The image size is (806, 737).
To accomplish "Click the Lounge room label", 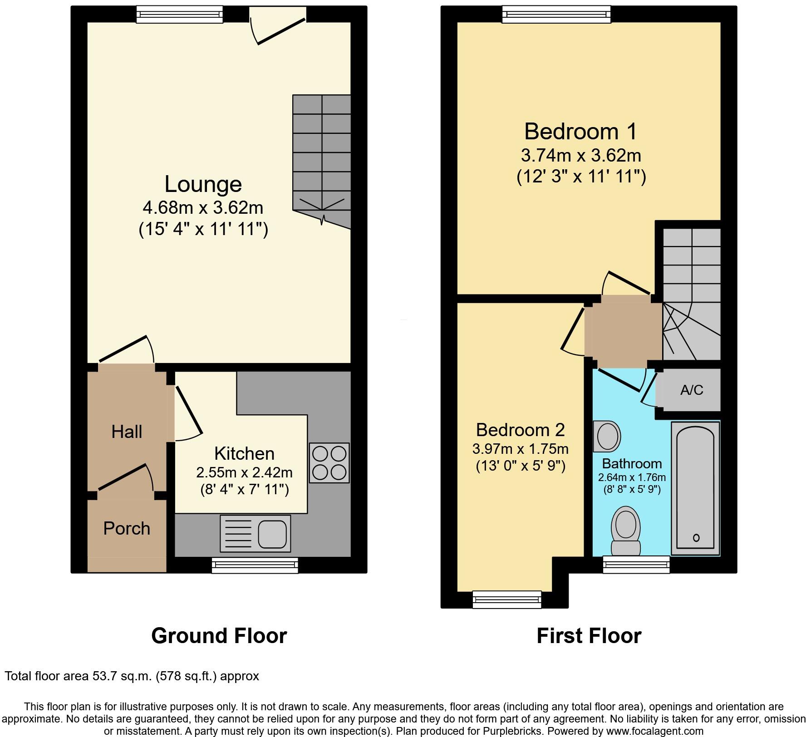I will (x=203, y=184).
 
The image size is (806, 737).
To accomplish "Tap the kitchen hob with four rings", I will (x=329, y=462).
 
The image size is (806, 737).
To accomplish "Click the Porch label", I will (x=127, y=529).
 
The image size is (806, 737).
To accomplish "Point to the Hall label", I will (x=127, y=432).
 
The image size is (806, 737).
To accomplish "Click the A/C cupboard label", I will (x=692, y=390).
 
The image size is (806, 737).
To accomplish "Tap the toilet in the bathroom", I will (x=626, y=531).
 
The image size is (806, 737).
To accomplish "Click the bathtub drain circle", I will (x=696, y=538).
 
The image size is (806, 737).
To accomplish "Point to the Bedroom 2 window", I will (x=507, y=599).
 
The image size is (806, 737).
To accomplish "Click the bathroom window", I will (x=636, y=565).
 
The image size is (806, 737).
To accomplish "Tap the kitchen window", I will (x=255, y=565).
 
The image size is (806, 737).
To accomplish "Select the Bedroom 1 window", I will (x=556, y=14).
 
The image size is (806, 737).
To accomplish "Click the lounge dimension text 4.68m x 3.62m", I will (x=203, y=208).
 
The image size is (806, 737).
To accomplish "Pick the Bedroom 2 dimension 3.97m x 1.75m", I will (x=521, y=449).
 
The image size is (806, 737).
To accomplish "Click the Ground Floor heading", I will (x=219, y=636).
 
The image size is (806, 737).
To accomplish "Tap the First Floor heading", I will (x=589, y=636).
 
